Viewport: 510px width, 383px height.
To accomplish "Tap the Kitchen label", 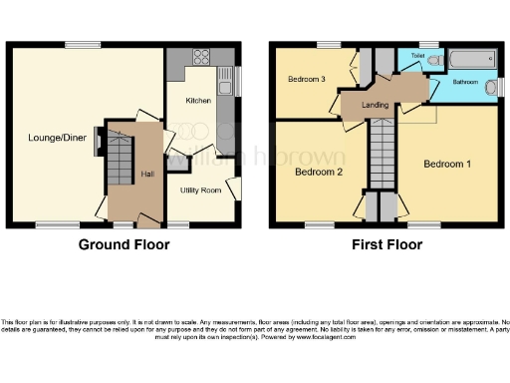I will [x=197, y=101].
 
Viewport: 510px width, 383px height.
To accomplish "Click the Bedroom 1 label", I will [x=447, y=164].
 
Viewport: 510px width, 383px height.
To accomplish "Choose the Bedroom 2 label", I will [x=319, y=172].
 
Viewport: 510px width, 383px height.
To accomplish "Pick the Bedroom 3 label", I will [x=307, y=79].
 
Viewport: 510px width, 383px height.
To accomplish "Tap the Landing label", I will [x=376, y=105].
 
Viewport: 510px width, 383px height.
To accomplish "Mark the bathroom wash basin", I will [x=490, y=90].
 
